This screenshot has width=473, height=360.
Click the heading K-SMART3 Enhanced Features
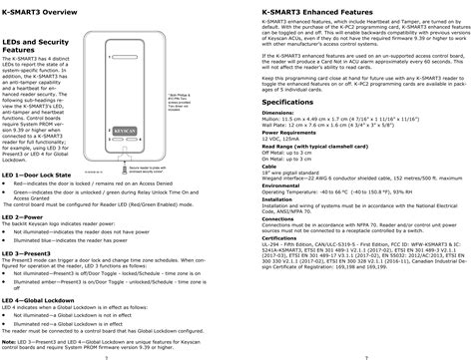296,9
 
